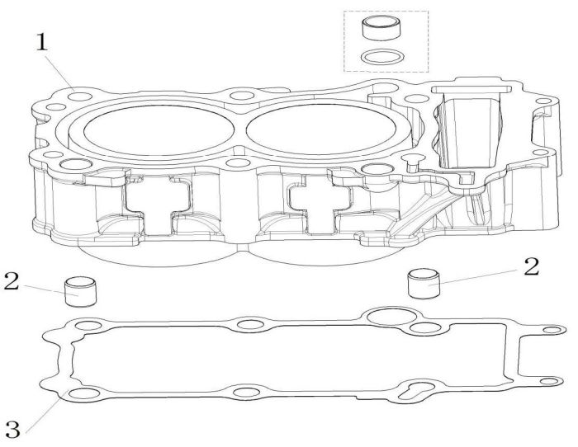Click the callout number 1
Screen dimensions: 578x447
(x=41, y=43)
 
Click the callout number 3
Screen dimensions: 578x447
(x=13, y=429)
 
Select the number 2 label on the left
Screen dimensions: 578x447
(x=12, y=281)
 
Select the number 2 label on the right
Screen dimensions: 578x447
(x=531, y=267)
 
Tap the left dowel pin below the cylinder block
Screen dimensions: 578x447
(x=81, y=292)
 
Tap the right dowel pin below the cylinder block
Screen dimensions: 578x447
(x=424, y=284)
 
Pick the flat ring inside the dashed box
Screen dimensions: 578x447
(x=381, y=57)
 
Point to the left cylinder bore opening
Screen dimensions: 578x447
(x=159, y=131)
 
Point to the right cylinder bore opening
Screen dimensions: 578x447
(x=321, y=129)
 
